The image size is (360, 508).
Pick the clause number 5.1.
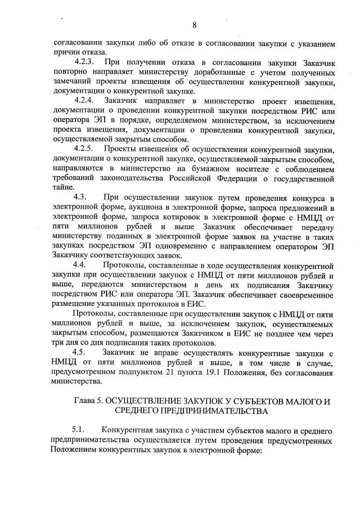click(x=80, y=431)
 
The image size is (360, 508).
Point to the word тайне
click(x=61, y=188)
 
